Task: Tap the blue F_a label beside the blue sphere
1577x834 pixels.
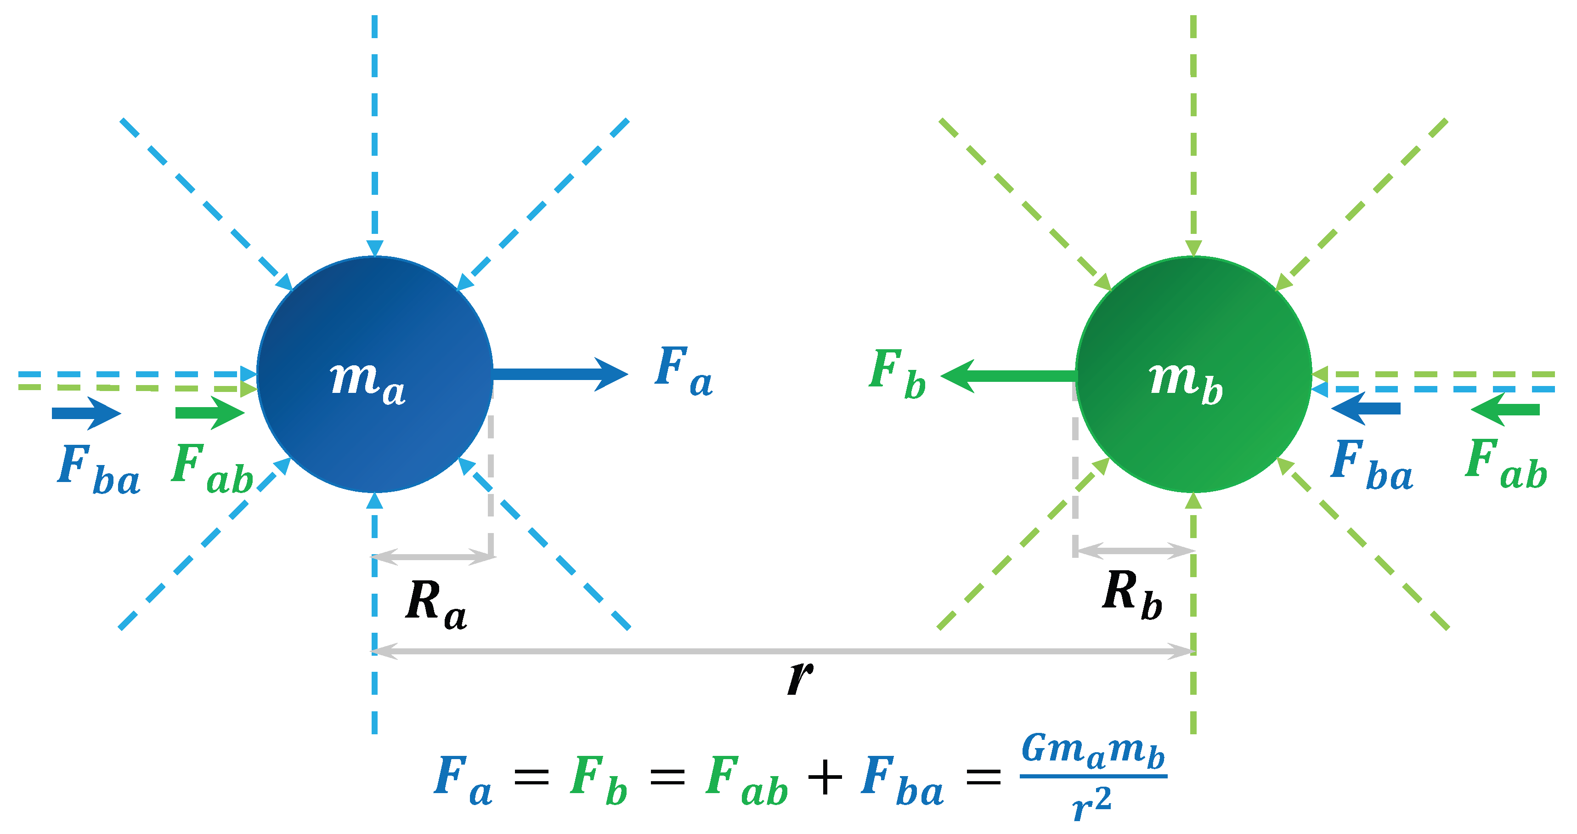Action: [x=683, y=370]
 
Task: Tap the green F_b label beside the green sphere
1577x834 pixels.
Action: [x=897, y=373]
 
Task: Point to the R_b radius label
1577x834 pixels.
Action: [x=1132, y=595]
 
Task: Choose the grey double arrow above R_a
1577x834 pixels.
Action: [x=433, y=556]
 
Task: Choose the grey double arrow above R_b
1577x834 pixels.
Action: [x=1134, y=551]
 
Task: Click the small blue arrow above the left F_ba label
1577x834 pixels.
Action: [x=86, y=414]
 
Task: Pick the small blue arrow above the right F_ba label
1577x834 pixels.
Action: [x=1366, y=408]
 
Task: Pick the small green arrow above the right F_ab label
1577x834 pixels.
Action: [x=1505, y=409]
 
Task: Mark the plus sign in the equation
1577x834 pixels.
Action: [x=825, y=777]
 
